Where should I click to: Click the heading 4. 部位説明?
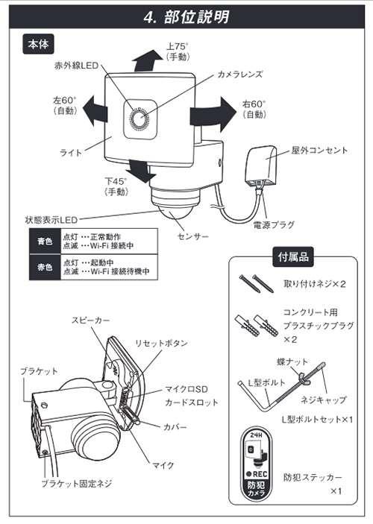[x=186, y=17]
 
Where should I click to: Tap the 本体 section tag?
[x=38, y=45]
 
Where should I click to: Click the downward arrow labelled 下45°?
[x=139, y=168]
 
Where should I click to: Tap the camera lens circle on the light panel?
[x=141, y=119]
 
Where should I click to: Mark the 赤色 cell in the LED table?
[x=43, y=267]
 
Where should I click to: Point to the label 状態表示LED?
[x=51, y=220]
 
